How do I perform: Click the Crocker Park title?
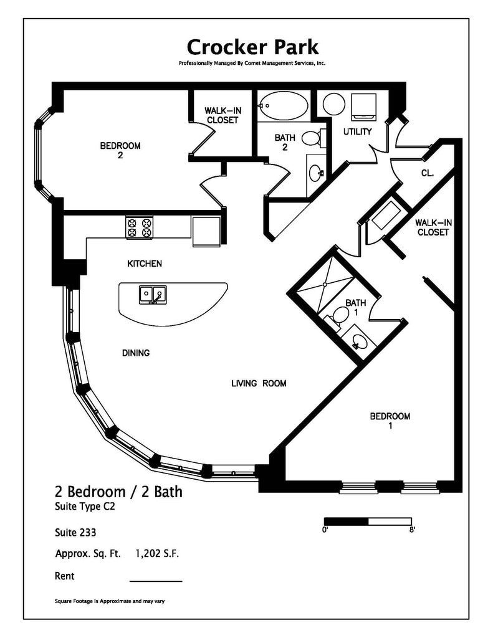click(x=252, y=47)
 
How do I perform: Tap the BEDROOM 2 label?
click(x=120, y=151)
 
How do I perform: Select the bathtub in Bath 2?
click(x=283, y=106)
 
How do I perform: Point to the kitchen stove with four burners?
click(x=139, y=227)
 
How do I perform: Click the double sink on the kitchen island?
click(x=153, y=295)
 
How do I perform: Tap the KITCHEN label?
click(x=145, y=264)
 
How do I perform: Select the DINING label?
click(x=135, y=353)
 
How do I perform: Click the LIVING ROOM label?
click(x=259, y=383)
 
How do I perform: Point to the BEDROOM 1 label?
click(x=390, y=421)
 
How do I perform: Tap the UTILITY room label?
click(x=357, y=131)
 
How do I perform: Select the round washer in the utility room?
click(x=334, y=104)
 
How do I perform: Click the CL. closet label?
click(x=427, y=174)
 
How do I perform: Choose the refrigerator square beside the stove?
click(x=206, y=231)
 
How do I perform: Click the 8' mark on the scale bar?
click(x=412, y=530)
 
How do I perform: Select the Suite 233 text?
click(x=75, y=533)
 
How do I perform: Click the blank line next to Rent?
click(x=156, y=579)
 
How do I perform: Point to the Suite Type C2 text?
click(x=85, y=507)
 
